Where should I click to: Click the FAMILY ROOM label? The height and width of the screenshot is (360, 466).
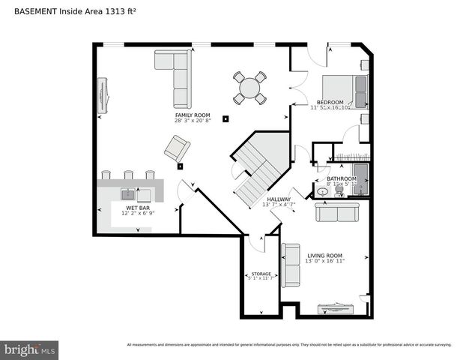click(x=193, y=115)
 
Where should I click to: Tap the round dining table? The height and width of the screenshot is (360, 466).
click(x=249, y=88)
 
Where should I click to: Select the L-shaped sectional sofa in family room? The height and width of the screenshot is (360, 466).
click(x=176, y=76)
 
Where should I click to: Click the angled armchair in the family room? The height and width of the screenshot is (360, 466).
click(x=177, y=148)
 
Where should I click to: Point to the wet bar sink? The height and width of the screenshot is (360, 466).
click(x=128, y=196)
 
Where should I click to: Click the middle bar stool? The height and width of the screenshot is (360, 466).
click(x=129, y=175)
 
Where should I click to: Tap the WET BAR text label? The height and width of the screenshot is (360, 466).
click(x=136, y=208)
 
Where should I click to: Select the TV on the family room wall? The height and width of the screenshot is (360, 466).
click(x=103, y=94)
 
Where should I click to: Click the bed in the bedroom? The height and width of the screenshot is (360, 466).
click(x=344, y=89)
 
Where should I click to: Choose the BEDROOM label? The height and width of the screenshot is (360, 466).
click(x=330, y=102)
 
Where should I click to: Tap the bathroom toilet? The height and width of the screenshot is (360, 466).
click(x=339, y=190)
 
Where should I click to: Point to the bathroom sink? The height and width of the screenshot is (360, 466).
click(x=322, y=192)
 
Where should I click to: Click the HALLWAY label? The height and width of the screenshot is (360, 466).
click(x=279, y=199)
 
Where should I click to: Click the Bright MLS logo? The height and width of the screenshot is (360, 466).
click(x=30, y=349)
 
